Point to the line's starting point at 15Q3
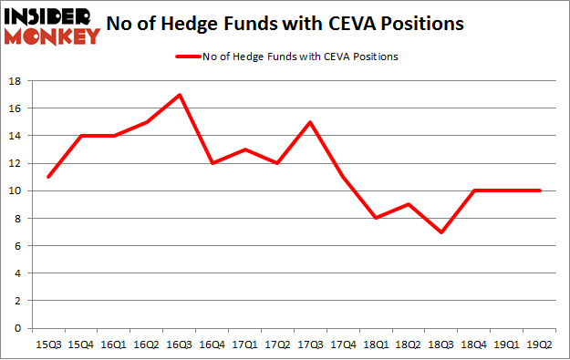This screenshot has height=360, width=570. [x=49, y=177]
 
